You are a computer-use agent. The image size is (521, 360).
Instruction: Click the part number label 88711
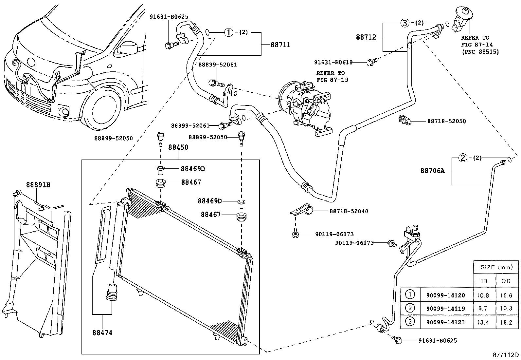point(280,45)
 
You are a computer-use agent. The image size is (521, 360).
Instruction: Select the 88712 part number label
point(366,37)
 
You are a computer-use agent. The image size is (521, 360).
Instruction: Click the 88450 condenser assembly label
point(178,147)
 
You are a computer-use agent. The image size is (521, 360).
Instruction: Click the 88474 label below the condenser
point(102,333)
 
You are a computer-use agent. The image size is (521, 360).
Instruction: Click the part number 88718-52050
point(446,121)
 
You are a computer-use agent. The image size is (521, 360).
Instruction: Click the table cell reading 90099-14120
point(445,295)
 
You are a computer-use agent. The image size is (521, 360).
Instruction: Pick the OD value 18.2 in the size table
point(506,322)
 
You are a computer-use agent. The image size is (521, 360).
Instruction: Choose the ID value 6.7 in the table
point(482,309)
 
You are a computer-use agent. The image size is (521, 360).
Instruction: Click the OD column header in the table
point(506,281)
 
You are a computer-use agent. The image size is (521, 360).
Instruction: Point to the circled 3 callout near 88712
point(404,23)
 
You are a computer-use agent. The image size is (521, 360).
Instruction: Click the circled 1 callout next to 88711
point(228,32)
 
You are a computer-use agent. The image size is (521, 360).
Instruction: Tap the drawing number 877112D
point(506,355)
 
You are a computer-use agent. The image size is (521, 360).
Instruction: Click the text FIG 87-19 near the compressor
point(332,80)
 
